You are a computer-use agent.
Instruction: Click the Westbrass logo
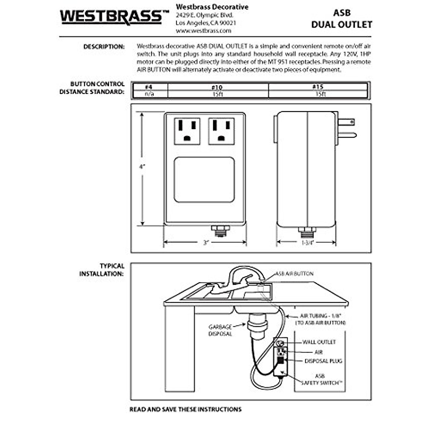[x=114, y=17]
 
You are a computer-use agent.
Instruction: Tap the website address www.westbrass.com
[x=203, y=31]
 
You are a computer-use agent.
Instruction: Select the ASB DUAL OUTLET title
[x=341, y=19]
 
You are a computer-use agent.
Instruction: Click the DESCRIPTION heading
[x=104, y=47]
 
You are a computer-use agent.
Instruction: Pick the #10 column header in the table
[x=217, y=87]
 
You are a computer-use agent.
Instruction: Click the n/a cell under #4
[x=149, y=94]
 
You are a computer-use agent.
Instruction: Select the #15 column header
[x=317, y=87]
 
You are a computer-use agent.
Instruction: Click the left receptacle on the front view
[x=187, y=131]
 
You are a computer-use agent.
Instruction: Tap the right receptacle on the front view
[x=221, y=131]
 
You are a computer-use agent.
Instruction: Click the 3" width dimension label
[x=206, y=243]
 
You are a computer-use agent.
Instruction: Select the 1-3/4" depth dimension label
[x=307, y=243]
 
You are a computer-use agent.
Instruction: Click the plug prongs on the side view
[x=347, y=128]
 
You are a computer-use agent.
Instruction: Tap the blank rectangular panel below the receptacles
[x=204, y=180]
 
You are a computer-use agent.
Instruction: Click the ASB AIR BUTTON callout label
[x=294, y=273]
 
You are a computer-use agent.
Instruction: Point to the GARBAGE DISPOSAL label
[x=220, y=330]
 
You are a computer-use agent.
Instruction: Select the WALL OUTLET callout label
[x=319, y=342]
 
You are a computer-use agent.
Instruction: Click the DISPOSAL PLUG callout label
[x=323, y=361]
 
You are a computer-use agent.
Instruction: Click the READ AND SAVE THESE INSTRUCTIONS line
[x=186, y=409]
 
